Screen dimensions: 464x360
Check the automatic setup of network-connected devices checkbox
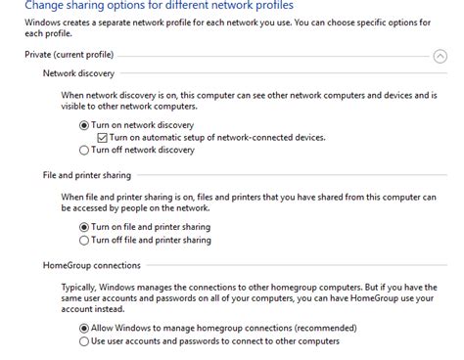[102, 138]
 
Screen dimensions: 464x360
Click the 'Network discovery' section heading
[78, 73]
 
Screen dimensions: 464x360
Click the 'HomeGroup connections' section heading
[92, 264]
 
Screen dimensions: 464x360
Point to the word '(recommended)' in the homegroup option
[316, 328]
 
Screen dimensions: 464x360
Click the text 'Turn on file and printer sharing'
[151, 227]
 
